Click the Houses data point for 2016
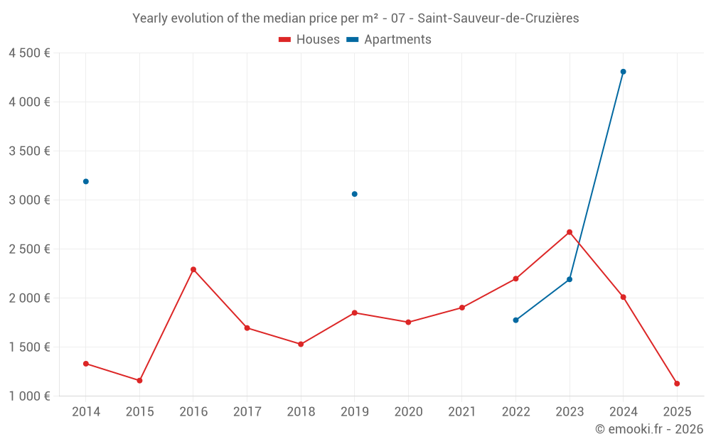(193, 269)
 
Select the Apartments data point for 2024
(623, 72)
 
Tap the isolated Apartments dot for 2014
(86, 181)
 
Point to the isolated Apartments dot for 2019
(354, 194)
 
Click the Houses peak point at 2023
(570, 232)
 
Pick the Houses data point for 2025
(677, 384)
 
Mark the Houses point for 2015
(139, 381)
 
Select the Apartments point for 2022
(515, 320)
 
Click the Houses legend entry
(309, 40)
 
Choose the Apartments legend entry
(389, 40)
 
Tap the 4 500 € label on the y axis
(29, 53)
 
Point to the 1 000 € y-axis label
(29, 396)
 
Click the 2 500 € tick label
(29, 249)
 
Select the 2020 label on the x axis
(408, 412)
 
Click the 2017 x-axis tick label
(247, 412)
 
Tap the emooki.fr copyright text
(648, 429)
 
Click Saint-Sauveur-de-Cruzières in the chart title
(498, 18)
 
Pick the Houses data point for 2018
(301, 344)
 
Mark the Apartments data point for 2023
(570, 279)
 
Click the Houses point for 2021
(462, 308)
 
